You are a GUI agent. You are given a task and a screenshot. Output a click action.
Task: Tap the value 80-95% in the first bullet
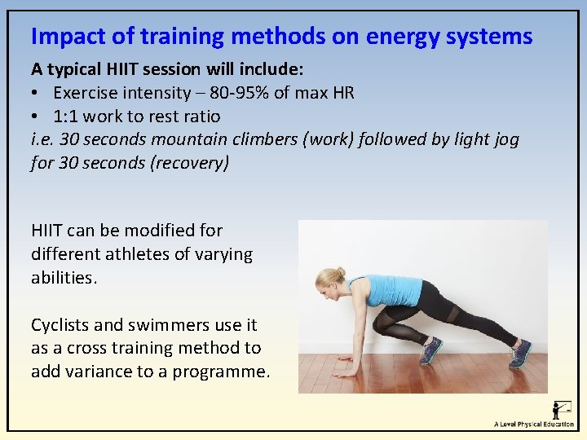coord(236,92)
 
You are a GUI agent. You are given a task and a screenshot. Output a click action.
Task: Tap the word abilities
coord(64,278)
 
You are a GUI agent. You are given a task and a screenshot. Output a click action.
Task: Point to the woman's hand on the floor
coord(346,371)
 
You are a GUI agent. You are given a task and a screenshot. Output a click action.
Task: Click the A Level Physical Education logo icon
coord(561,408)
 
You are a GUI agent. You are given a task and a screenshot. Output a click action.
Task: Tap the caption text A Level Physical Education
coord(534,425)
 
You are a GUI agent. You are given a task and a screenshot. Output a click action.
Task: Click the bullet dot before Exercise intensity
coord(37,93)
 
